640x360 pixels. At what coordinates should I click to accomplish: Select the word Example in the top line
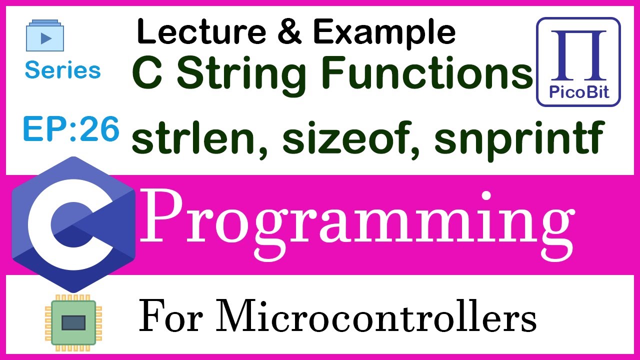(x=384, y=33)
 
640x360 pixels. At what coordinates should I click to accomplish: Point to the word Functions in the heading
(x=424, y=73)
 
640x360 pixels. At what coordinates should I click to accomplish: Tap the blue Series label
(x=62, y=70)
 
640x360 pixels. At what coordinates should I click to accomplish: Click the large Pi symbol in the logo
(x=578, y=56)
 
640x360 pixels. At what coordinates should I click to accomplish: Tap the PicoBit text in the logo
(x=578, y=93)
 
